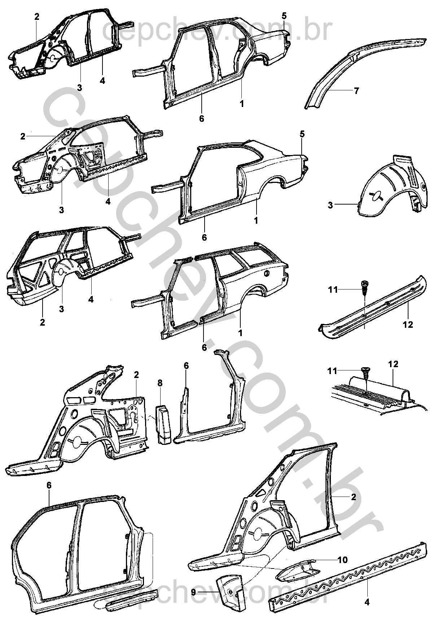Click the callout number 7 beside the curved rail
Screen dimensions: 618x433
[357, 91]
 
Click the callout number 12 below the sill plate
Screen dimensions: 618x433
[408, 325]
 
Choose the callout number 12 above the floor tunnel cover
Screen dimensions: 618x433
[393, 364]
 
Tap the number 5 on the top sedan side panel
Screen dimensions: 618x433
[284, 16]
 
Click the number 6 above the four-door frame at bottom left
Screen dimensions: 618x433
[49, 485]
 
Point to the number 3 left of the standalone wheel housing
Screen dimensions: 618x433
[331, 205]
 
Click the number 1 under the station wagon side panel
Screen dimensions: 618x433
[240, 333]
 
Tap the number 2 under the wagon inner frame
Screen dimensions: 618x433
[42, 322]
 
